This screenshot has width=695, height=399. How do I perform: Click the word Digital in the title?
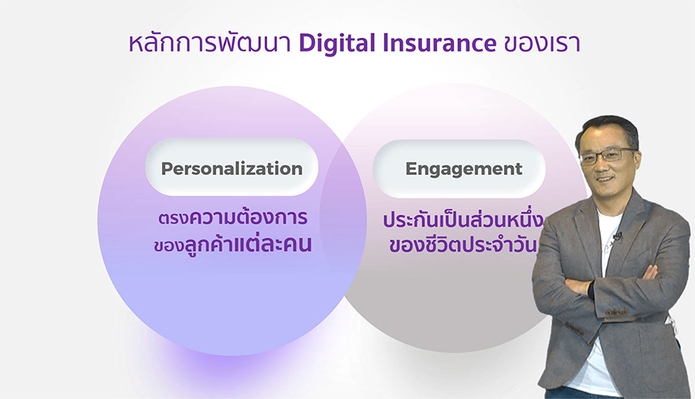337,43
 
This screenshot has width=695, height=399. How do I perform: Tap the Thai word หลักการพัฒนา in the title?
209,43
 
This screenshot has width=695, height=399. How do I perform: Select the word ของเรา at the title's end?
542,44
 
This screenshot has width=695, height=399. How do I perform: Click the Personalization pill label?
232,169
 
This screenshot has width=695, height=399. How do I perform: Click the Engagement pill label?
463,169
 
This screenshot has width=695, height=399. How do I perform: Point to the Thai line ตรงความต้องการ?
232,217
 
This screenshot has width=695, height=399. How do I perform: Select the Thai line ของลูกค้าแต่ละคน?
232,244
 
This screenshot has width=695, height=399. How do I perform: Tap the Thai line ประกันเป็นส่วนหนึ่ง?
463,220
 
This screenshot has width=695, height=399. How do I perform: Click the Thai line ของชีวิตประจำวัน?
463,244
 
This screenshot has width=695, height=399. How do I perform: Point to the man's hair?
606,128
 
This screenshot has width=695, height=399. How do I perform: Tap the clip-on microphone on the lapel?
617,236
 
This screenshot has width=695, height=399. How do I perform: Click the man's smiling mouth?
606,179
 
